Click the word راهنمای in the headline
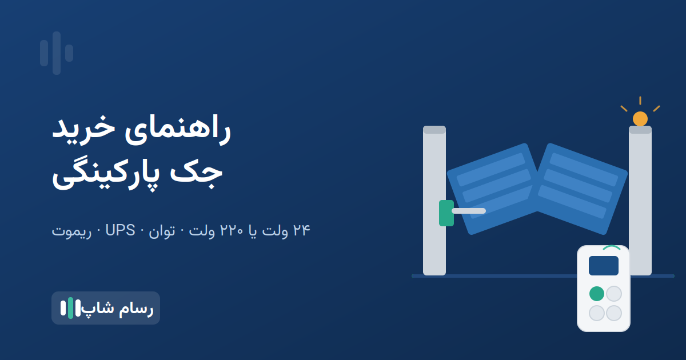click(x=178, y=130)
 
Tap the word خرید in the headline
click(x=83, y=128)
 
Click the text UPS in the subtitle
click(x=120, y=230)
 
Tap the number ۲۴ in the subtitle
click(x=302, y=230)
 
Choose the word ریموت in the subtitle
click(x=71, y=231)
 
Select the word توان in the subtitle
click(x=162, y=231)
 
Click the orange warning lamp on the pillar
click(x=640, y=119)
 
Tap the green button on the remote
click(x=597, y=294)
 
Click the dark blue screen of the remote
click(x=604, y=266)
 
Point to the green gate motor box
click(x=446, y=213)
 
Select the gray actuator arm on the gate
click(x=469, y=211)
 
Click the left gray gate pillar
click(x=434, y=201)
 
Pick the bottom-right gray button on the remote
click(x=614, y=313)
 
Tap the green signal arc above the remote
click(x=612, y=247)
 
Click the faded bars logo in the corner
click(x=57, y=53)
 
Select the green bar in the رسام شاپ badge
click(x=70, y=308)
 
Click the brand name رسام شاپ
click(x=118, y=308)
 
